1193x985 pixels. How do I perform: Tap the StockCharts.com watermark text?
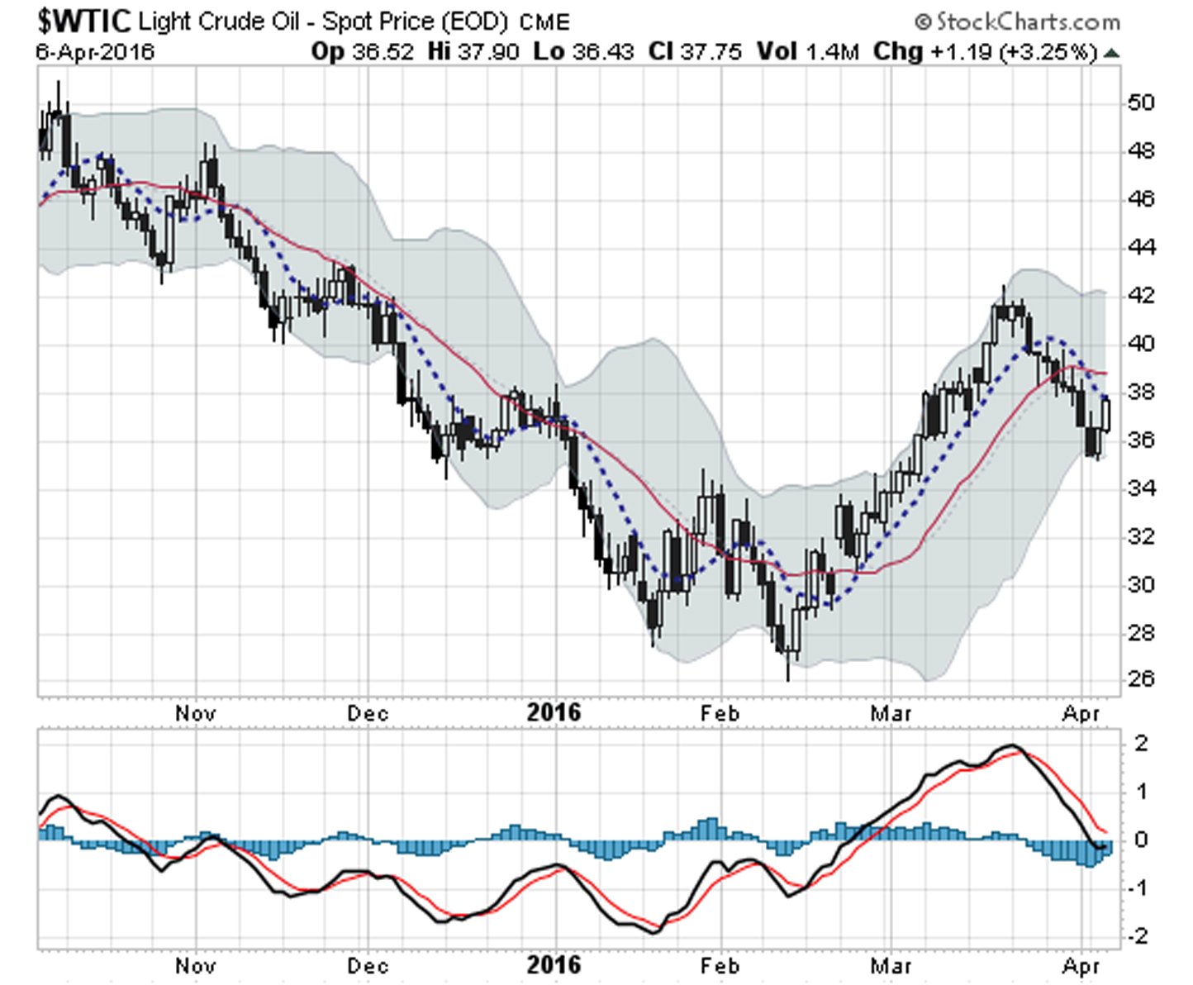tap(1018, 21)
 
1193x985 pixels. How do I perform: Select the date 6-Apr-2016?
tap(95, 52)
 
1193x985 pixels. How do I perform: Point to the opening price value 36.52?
tap(383, 52)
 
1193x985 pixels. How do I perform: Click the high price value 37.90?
tap(489, 52)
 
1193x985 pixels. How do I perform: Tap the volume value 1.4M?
tap(833, 52)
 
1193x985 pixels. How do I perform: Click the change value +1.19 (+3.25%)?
tap(1015, 52)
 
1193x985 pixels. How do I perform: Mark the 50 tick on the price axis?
tap(1140, 102)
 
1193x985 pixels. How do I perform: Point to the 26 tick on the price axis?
tap(1140, 679)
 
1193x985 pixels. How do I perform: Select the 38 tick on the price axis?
tap(1140, 392)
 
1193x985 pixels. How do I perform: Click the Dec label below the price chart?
tap(368, 712)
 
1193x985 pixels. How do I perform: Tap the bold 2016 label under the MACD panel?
tap(554, 964)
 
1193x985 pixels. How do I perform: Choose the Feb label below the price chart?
tap(720, 712)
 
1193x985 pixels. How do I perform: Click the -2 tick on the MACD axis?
tap(1140, 935)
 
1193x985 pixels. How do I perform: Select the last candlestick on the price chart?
tap(1106, 413)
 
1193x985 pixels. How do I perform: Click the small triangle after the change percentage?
tap(1112, 54)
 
